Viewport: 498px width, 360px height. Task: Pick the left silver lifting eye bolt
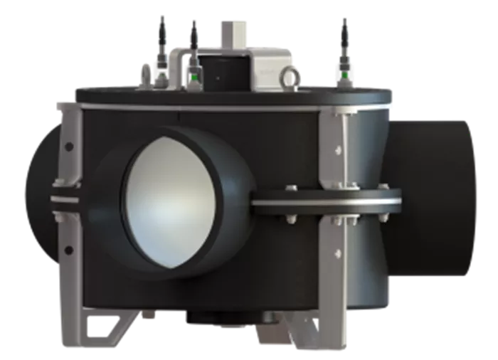pyautogui.click(x=146, y=73)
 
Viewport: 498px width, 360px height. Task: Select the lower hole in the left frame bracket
pyautogui.click(x=69, y=249)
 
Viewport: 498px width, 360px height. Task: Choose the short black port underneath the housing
pyautogui.click(x=213, y=317)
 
